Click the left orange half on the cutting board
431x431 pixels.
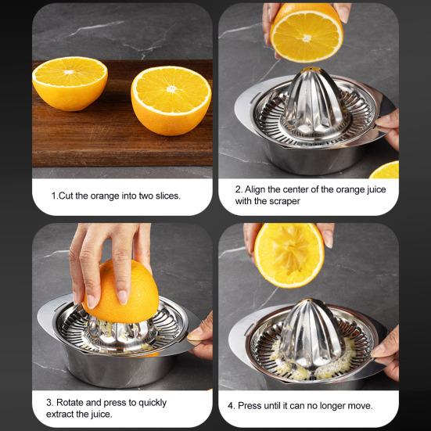[x=70, y=83]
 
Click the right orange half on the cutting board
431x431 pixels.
[x=171, y=99]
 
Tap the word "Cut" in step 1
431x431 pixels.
[x=68, y=195]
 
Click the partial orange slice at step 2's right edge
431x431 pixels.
[x=386, y=171]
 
